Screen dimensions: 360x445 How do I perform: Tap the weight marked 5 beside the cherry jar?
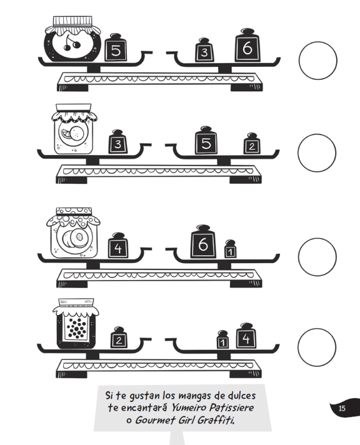point(116,47)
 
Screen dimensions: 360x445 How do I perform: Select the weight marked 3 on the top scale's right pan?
point(204,49)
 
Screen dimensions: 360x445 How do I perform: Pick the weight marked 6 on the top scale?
point(247,45)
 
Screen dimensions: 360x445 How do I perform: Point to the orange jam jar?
point(74,129)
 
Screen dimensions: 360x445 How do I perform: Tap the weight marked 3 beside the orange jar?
point(118,142)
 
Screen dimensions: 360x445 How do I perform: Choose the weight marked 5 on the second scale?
point(206,141)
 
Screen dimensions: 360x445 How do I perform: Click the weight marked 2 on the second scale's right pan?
point(252,144)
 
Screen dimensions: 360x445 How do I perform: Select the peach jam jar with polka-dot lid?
point(73,232)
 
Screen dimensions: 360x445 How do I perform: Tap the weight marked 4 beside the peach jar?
point(118,246)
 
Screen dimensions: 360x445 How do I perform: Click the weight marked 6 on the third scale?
point(203,242)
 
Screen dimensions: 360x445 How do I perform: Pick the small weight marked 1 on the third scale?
point(230,249)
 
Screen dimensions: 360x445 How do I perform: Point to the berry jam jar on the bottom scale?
point(76,324)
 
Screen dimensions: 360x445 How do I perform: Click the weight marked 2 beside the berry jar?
point(119,337)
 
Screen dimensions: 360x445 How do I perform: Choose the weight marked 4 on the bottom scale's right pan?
point(246,336)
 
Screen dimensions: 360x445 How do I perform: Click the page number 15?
point(342,408)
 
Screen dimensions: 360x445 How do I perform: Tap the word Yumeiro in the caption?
point(189,408)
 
